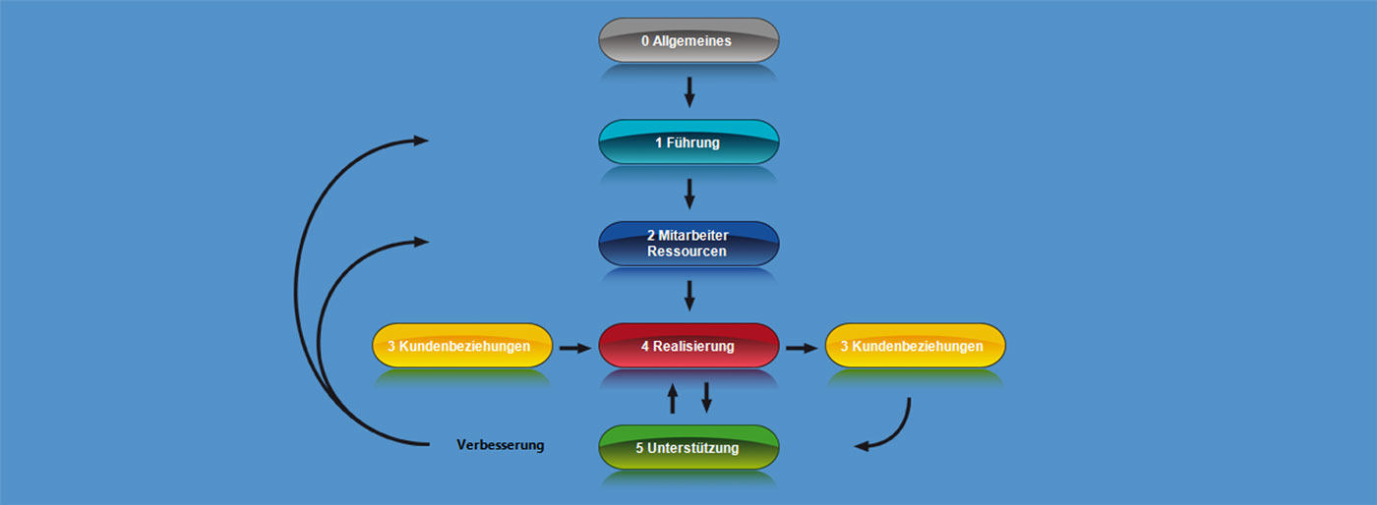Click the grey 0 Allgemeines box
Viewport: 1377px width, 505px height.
tap(688, 41)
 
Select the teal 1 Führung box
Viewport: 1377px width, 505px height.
tap(688, 142)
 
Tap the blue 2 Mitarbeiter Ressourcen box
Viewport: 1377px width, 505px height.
tap(688, 244)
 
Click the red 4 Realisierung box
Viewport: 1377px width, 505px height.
tap(688, 346)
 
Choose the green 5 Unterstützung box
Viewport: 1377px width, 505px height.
tap(688, 448)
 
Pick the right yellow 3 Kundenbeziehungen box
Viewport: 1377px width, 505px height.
tap(915, 346)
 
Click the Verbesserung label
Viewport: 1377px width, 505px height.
tap(500, 445)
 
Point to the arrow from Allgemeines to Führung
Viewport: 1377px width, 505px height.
tap(688, 91)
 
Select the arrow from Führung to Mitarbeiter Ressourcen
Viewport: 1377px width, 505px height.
tap(688, 193)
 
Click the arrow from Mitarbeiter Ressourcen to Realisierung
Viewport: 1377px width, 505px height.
tap(688, 295)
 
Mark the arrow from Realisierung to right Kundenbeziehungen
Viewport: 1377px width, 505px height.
tap(802, 347)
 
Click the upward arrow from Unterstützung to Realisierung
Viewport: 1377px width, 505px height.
tap(673, 398)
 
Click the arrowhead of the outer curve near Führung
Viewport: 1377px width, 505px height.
tap(421, 140)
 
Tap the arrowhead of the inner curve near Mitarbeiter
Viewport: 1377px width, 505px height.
tap(421, 241)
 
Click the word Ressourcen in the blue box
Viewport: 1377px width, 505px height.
tap(687, 252)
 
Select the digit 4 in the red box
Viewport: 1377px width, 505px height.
tap(645, 347)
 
